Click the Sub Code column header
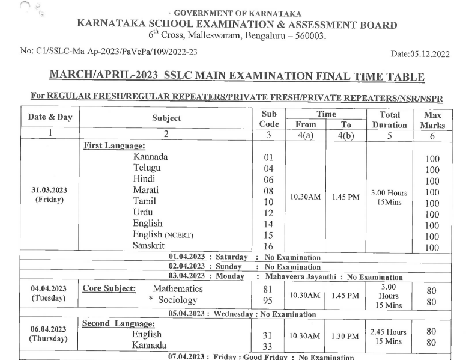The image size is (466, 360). point(268,119)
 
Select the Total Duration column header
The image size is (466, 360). point(390,119)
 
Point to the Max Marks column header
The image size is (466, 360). point(432,119)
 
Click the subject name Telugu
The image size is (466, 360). point(147,168)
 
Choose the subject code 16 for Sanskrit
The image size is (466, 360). point(268,246)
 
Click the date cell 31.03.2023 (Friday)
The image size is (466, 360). point(49,195)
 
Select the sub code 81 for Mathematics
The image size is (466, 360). point(268,289)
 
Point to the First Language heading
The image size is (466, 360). point(114,146)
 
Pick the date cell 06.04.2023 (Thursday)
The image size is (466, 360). point(49,334)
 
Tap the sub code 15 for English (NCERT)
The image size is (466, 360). point(268,235)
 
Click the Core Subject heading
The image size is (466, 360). point(109,288)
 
